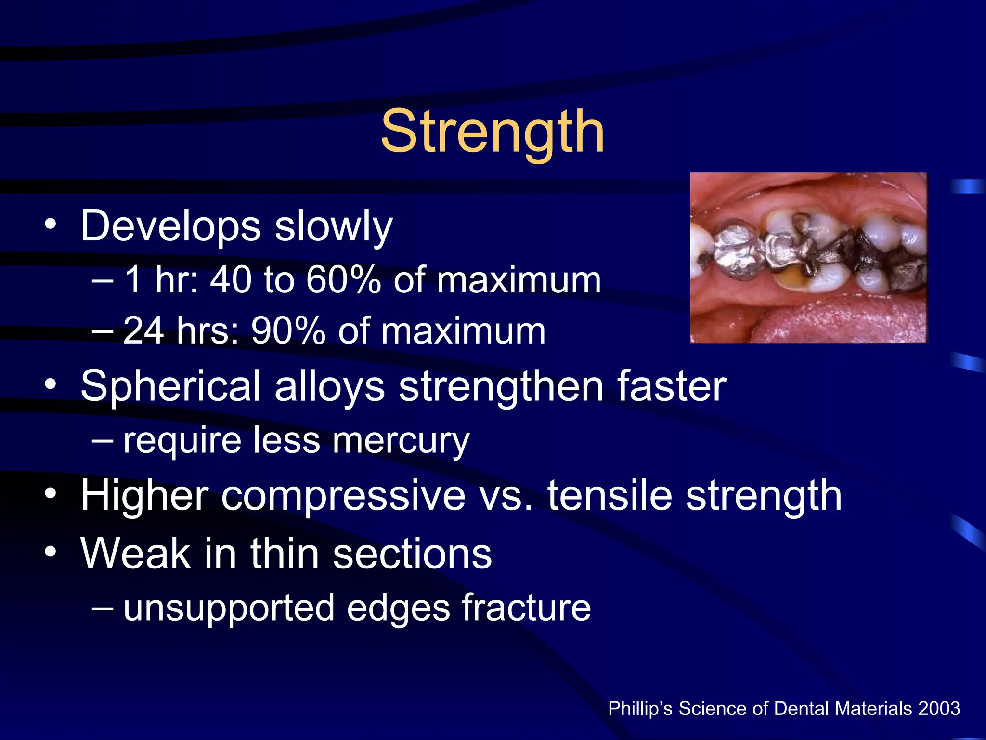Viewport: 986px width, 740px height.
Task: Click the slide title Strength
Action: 492,132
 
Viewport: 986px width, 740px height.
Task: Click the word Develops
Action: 170,226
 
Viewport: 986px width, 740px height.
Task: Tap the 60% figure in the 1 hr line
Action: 343,280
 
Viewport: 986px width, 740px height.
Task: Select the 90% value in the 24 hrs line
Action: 288,331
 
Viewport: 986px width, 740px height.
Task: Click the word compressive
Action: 343,496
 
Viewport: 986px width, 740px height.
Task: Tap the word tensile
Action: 610,496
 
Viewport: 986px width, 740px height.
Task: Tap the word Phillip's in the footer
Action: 640,709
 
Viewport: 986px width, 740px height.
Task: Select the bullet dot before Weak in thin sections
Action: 50,553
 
